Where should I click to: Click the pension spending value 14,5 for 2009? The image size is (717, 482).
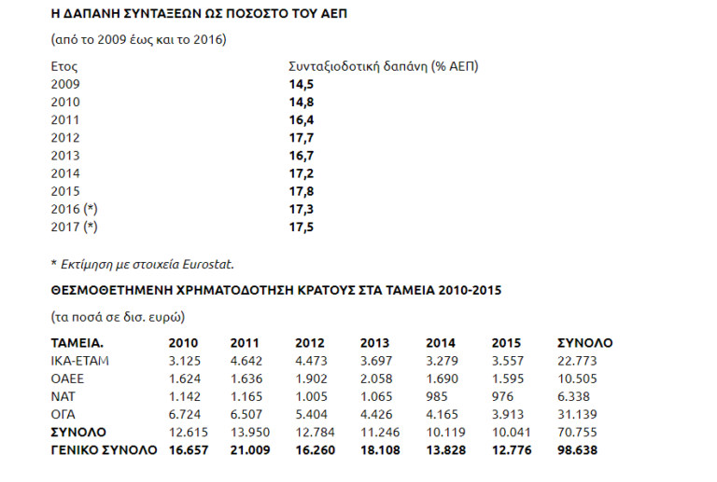300,84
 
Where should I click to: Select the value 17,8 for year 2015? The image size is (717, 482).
300,191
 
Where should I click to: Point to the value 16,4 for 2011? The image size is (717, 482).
300,119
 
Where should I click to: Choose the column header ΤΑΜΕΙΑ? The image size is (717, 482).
77,343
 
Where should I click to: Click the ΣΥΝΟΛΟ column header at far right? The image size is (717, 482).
583,343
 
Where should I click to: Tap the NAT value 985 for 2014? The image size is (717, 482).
437,396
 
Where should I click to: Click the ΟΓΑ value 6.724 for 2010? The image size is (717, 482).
184,414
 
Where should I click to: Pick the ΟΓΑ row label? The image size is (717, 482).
64,414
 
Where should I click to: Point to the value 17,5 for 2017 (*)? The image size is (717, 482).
300,227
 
